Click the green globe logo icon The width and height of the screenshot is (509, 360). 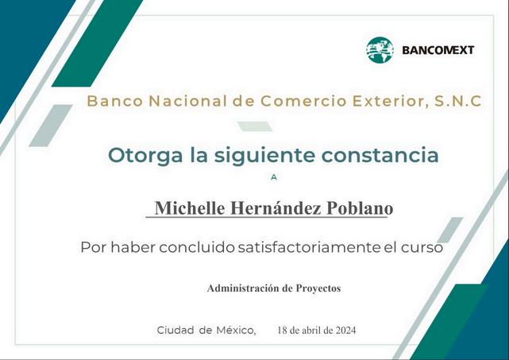pos(380,50)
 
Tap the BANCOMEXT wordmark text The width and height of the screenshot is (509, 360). pos(438,50)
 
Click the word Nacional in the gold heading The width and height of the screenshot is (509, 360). pos(188,101)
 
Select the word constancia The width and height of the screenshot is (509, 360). pos(380,155)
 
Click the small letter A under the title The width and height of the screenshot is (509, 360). pos(274,177)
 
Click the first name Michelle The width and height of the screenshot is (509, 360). pos(190,207)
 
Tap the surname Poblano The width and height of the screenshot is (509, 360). pos(360,207)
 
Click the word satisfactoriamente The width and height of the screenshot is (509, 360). pos(309,247)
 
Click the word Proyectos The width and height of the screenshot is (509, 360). pos(318,288)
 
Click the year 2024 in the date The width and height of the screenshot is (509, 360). pos(345,331)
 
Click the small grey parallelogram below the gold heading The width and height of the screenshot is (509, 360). pos(255,126)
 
